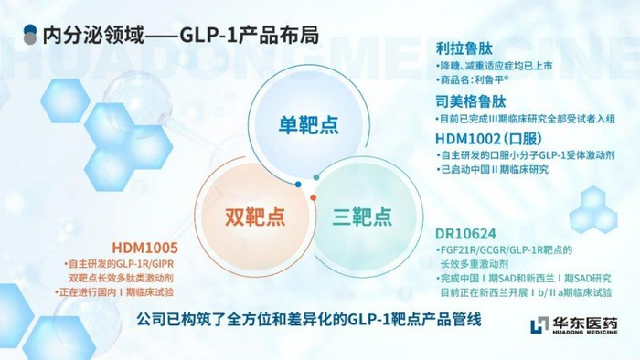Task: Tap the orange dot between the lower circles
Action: point(313,197)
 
